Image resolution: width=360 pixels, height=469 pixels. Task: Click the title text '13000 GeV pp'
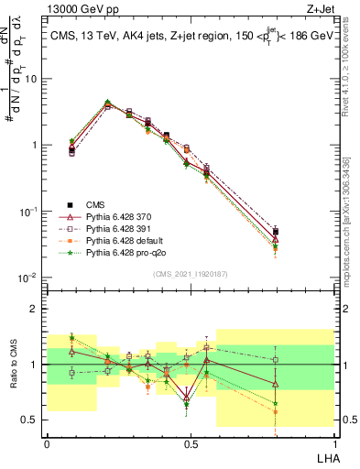point(77,8)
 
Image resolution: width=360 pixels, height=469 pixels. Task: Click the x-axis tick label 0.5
point(190,443)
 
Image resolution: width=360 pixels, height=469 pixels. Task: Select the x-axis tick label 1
point(333,443)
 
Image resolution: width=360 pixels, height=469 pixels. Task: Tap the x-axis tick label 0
point(47,443)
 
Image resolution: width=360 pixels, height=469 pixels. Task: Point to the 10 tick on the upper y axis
point(34,78)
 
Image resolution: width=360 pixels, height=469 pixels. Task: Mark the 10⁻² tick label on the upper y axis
point(30,277)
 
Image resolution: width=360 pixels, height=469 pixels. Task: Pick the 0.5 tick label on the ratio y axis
point(32,420)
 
